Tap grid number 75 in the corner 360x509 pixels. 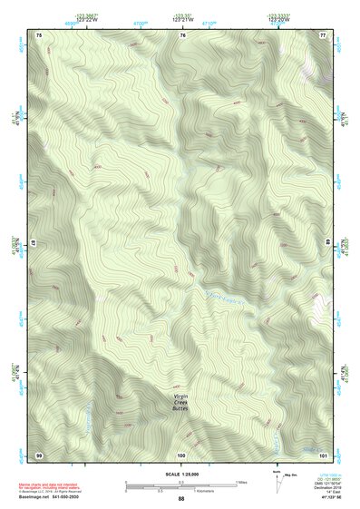(x=39, y=34)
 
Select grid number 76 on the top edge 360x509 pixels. (x=182, y=34)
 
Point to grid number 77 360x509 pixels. (x=322, y=34)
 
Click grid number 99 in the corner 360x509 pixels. (x=39, y=454)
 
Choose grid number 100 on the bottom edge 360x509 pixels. (x=181, y=454)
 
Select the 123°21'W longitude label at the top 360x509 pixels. (x=182, y=19)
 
